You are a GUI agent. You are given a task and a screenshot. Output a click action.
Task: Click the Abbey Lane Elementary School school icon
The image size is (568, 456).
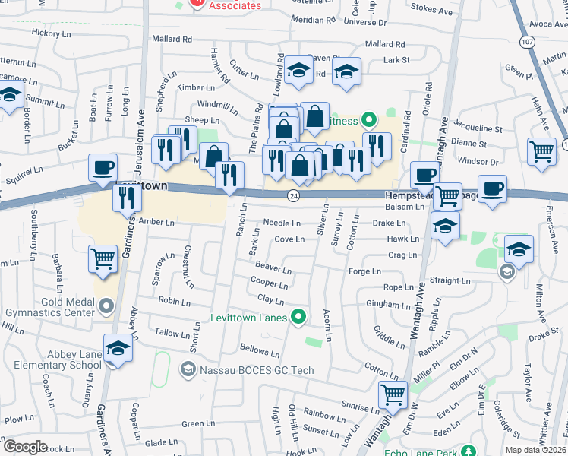coord(118,349)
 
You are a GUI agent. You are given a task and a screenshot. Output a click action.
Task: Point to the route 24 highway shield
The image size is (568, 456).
coord(292,196)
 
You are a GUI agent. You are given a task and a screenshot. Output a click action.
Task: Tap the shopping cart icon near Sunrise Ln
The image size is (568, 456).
coord(393,394)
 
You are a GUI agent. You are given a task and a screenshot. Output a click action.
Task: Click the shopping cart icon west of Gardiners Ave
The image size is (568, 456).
coord(103,258)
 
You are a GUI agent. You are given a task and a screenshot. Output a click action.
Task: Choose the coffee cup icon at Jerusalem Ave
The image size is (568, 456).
coord(103,168)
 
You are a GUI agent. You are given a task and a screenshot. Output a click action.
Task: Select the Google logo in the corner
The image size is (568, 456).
coord(25,447)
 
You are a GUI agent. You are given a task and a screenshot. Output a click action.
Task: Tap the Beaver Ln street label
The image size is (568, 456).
coord(273,268)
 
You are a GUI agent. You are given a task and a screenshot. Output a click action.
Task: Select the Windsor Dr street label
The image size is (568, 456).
coord(478,162)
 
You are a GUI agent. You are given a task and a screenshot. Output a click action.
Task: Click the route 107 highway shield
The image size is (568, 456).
coord(528,43)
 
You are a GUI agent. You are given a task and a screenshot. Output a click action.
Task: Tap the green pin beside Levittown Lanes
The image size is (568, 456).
coord(300,316)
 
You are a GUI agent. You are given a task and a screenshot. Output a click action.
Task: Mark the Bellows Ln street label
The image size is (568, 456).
coord(260,351)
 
